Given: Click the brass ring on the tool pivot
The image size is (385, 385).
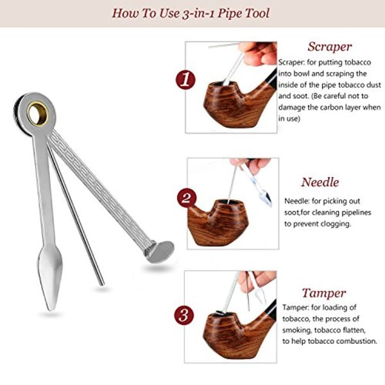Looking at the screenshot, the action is [38, 114].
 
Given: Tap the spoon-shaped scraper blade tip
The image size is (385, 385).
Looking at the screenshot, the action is [51, 309].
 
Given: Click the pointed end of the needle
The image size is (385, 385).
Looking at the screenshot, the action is [102, 285].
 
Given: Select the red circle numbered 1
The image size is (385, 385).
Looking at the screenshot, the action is [185, 80].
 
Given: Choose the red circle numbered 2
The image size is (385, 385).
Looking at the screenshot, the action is [187, 198].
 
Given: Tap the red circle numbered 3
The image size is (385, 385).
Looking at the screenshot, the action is [184, 315].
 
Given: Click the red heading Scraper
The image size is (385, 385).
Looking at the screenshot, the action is [330, 47].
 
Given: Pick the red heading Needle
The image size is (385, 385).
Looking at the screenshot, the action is [320, 182].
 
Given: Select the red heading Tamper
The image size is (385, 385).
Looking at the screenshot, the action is [324, 294].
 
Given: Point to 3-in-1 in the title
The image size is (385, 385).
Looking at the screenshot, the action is [198, 13].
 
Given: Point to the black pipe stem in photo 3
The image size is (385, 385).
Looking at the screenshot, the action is [271, 310].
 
